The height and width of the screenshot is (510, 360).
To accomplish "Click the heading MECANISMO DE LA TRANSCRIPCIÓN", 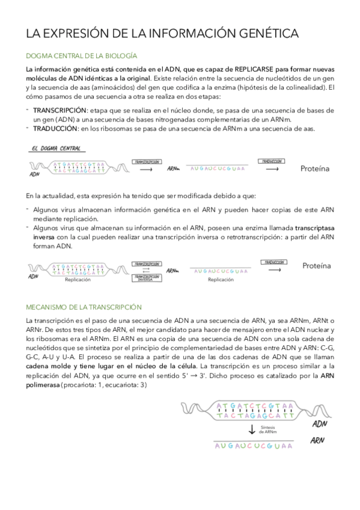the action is [84, 307].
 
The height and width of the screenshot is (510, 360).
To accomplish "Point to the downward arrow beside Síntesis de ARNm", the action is [252, 429].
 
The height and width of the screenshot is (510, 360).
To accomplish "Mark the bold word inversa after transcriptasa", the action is [44, 238].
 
